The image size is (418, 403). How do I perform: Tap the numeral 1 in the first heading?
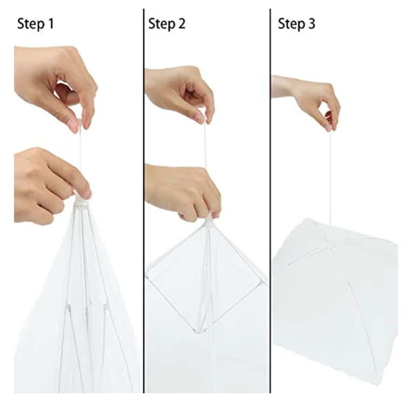[x=51, y=23]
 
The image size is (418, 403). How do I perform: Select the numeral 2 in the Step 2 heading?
[x=181, y=23]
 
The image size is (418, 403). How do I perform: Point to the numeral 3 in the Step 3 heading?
[x=312, y=23]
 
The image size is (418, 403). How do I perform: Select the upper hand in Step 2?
[x=179, y=94]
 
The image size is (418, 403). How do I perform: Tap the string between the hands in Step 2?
[x=205, y=146]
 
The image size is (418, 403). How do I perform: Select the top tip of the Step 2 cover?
[x=209, y=217]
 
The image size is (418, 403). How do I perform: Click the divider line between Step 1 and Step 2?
[x=144, y=201]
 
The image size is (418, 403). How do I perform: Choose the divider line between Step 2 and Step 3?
[x=270, y=201]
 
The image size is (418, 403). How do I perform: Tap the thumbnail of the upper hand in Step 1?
[x=71, y=126]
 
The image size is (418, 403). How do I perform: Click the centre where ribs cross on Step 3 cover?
[x=330, y=246]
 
